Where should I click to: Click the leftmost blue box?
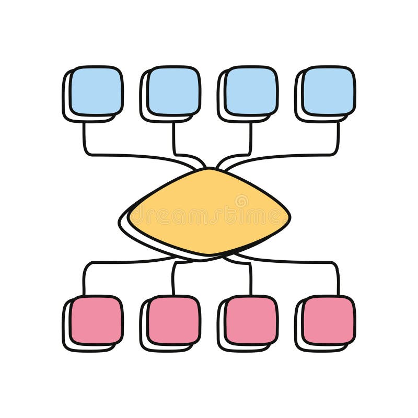(96, 90)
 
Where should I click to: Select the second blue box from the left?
(173, 90)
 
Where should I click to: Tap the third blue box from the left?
(251, 90)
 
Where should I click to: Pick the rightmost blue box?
(329, 90)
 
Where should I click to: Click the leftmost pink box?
(96, 320)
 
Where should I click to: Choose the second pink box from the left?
(173, 320)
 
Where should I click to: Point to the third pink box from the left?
(251, 320)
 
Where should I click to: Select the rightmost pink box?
(329, 320)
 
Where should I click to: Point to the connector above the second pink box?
(173, 277)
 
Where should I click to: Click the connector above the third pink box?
(250, 277)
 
